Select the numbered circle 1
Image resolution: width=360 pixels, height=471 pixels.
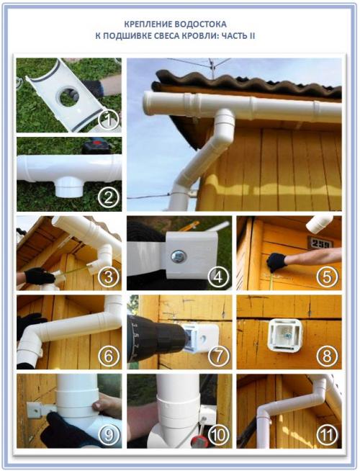coord(109,119)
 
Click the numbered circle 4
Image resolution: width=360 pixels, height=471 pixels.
coord(219,277)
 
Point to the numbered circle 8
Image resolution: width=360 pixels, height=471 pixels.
coord(328,356)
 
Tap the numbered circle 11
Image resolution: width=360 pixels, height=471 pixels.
coord(328,435)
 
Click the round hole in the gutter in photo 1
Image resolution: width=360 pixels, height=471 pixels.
coord(68,96)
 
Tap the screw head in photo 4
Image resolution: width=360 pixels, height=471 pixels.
coord(178,257)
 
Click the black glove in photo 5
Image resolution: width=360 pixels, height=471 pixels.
coord(276,261)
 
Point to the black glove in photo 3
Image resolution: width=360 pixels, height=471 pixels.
coord(38,276)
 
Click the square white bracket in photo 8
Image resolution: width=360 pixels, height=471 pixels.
coord(284,335)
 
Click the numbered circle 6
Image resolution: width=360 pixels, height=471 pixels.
coord(109,356)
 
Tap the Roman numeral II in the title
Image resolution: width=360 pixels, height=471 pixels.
coord(251,36)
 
